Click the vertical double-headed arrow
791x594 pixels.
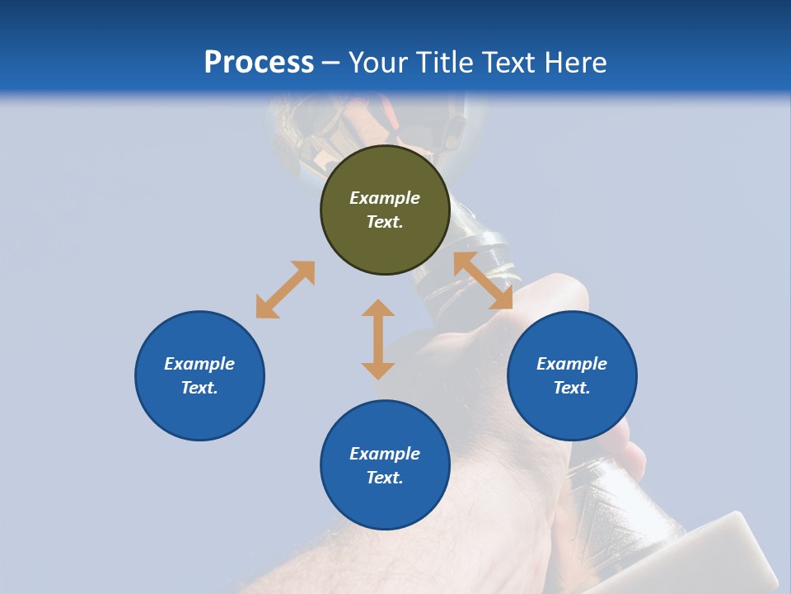click(378, 339)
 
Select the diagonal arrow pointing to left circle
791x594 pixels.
click(285, 290)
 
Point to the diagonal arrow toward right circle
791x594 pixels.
click(483, 280)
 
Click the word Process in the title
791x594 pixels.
click(259, 62)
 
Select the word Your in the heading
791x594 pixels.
click(378, 62)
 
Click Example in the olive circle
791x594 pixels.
click(385, 198)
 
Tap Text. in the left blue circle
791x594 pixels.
click(199, 388)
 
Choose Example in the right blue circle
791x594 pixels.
click(572, 364)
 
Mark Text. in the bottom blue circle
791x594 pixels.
click(385, 478)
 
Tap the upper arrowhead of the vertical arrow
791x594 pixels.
click(378, 309)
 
